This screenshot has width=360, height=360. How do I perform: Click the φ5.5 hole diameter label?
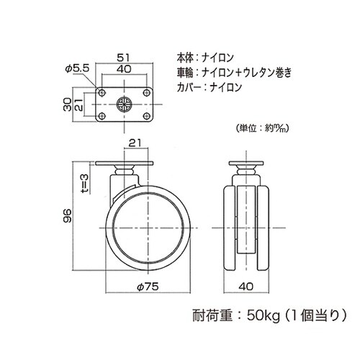pyautogui.click(x=76, y=67)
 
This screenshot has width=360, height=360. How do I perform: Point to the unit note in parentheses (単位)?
pyautogui.click(x=263, y=128)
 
